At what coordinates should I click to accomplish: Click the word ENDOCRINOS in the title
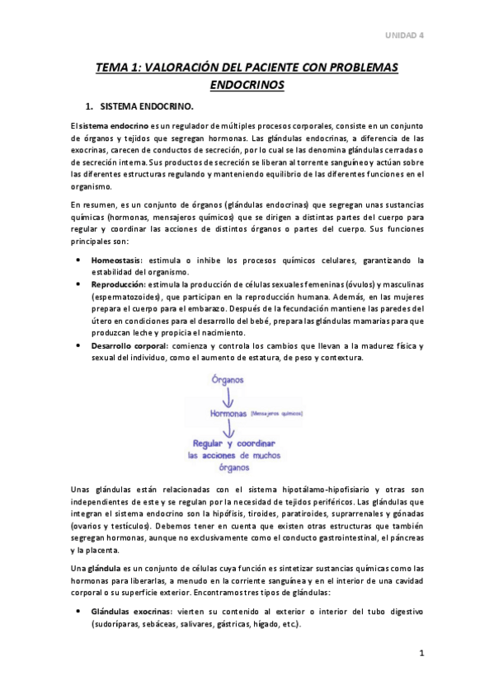pyautogui.click(x=247, y=84)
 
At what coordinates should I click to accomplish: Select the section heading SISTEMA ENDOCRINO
pyautogui.click(x=147, y=107)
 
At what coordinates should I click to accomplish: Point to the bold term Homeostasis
pyautogui.click(x=116, y=260)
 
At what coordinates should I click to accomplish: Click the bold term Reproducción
pyautogui.click(x=119, y=284)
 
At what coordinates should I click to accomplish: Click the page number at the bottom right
pyautogui.click(x=421, y=654)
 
